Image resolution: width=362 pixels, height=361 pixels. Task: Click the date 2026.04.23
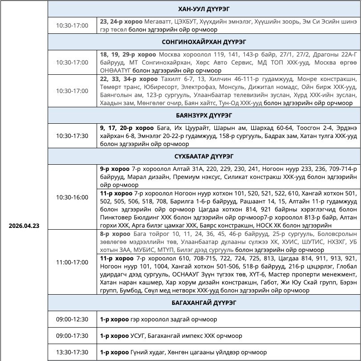(24, 226)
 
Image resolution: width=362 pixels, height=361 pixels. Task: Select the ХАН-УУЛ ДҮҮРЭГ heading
(204, 9)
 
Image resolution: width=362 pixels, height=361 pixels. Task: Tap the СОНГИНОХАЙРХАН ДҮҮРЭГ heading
(204, 42)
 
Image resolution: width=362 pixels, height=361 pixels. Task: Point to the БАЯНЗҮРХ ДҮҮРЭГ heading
(204, 115)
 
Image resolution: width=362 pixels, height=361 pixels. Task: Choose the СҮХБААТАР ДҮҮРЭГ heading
(204, 157)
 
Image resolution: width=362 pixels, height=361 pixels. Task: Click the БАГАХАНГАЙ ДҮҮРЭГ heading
(204, 303)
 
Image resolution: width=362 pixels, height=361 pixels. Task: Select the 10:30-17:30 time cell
(72, 136)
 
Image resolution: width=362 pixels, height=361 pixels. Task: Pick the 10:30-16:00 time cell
(72, 197)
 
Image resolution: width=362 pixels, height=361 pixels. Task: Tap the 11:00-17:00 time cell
(72, 262)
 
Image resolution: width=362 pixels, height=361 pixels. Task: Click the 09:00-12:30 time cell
(72, 319)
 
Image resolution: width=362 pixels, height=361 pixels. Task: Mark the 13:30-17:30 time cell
(72, 352)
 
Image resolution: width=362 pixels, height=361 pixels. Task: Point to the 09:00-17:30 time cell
(72, 336)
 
